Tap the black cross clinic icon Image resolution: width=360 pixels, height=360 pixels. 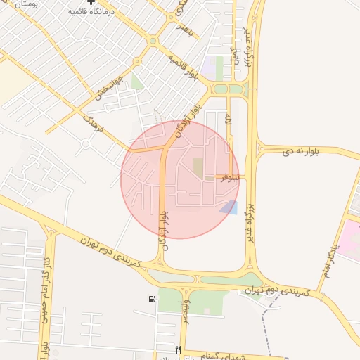tap(91, 3)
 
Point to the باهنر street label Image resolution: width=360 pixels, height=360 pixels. tap(184, 30)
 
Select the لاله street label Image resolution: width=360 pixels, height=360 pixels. tap(229, 120)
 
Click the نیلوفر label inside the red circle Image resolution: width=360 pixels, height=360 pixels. tap(229, 177)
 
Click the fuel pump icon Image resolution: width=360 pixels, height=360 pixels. tap(152, 300)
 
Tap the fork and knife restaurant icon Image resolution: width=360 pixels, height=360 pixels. tap(179, 349)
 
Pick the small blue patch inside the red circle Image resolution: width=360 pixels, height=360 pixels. tap(229, 207)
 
